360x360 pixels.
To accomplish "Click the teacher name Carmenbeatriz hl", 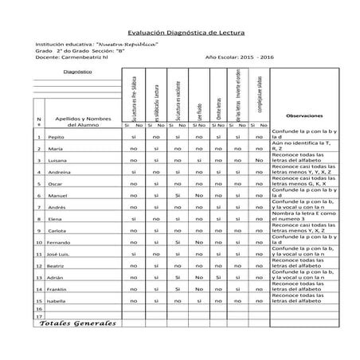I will (89, 58).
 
